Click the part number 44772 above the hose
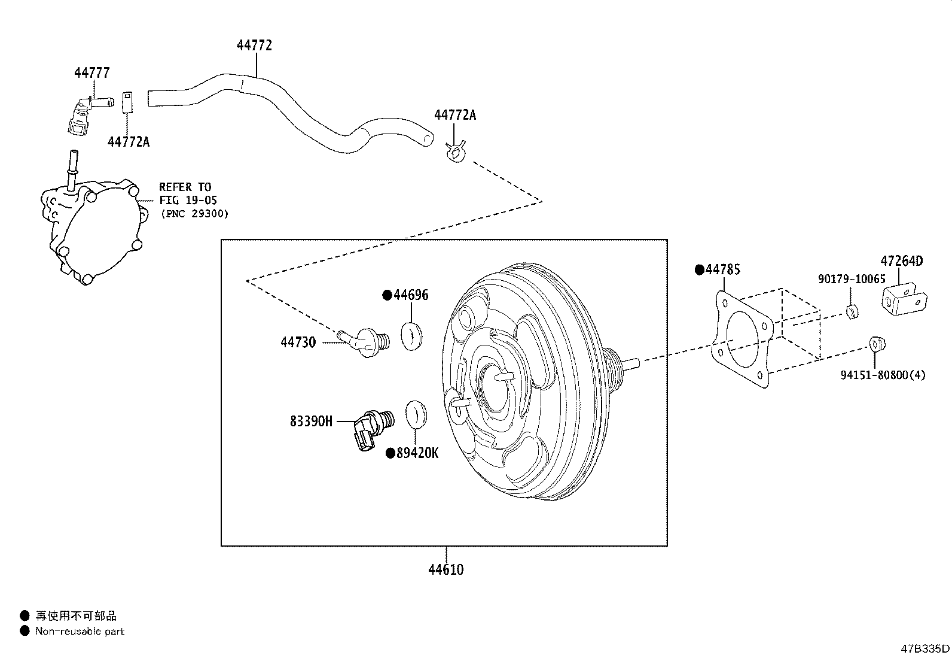pyautogui.click(x=255, y=46)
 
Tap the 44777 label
pyautogui.click(x=92, y=73)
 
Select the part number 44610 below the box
pyautogui.click(x=446, y=569)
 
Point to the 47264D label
pyautogui.click(x=902, y=261)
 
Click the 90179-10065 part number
pyautogui.click(x=852, y=279)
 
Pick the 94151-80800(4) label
pyautogui.click(x=883, y=375)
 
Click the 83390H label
pyautogui.click(x=311, y=422)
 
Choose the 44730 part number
pyautogui.click(x=298, y=342)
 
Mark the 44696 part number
pyautogui.click(x=410, y=295)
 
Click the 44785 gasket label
pyautogui.click(x=722, y=269)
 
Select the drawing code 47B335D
pyautogui.click(x=925, y=648)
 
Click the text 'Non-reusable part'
pyautogui.click(x=80, y=631)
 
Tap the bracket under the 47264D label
pyautogui.click(x=904, y=299)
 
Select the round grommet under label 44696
pyautogui.click(x=411, y=335)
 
